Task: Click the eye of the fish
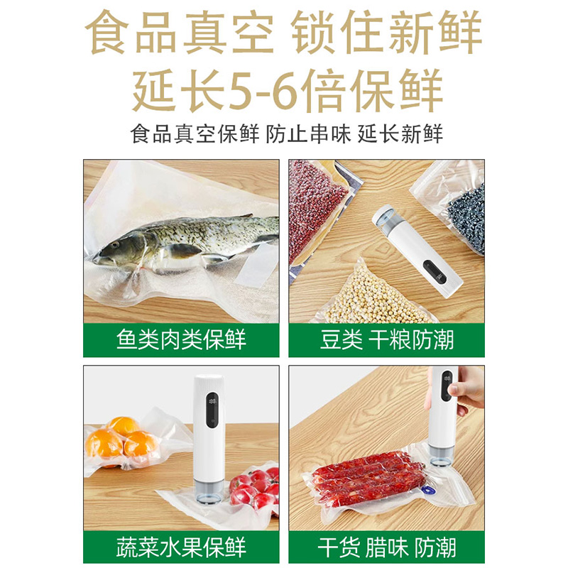116,245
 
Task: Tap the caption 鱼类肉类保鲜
181,339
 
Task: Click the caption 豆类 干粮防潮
386,339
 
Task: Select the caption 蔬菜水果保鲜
181,547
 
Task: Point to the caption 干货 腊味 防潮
386,547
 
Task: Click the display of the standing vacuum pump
212,410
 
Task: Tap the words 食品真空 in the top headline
179,33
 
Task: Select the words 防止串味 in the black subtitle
308,134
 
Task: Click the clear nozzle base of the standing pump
207,491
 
